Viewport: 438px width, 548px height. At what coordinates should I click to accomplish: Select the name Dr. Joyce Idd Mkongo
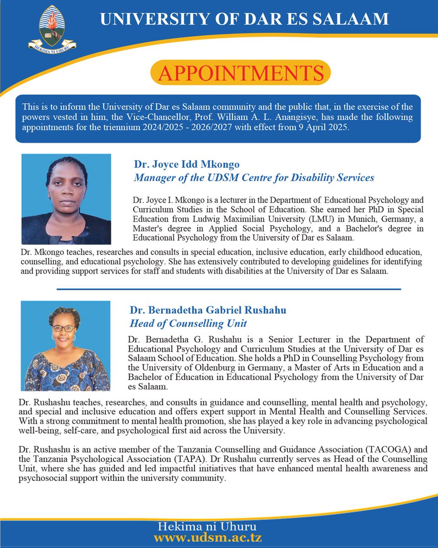[x=186, y=164]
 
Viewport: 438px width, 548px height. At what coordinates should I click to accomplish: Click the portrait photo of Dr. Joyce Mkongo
[x=66, y=199]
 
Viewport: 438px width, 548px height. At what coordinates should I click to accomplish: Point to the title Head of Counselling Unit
[x=188, y=323]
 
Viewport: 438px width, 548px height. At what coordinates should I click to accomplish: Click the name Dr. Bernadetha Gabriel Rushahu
[x=208, y=311]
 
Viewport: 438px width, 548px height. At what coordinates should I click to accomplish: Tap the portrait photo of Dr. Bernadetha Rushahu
[x=66, y=346]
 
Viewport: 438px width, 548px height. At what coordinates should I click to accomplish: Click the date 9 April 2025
[x=323, y=127]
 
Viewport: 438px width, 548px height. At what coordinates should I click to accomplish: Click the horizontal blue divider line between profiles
[x=228, y=289]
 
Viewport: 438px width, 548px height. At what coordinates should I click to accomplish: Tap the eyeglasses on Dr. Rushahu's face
[x=64, y=328]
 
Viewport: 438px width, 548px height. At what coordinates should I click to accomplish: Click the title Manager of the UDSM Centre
[x=253, y=177]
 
